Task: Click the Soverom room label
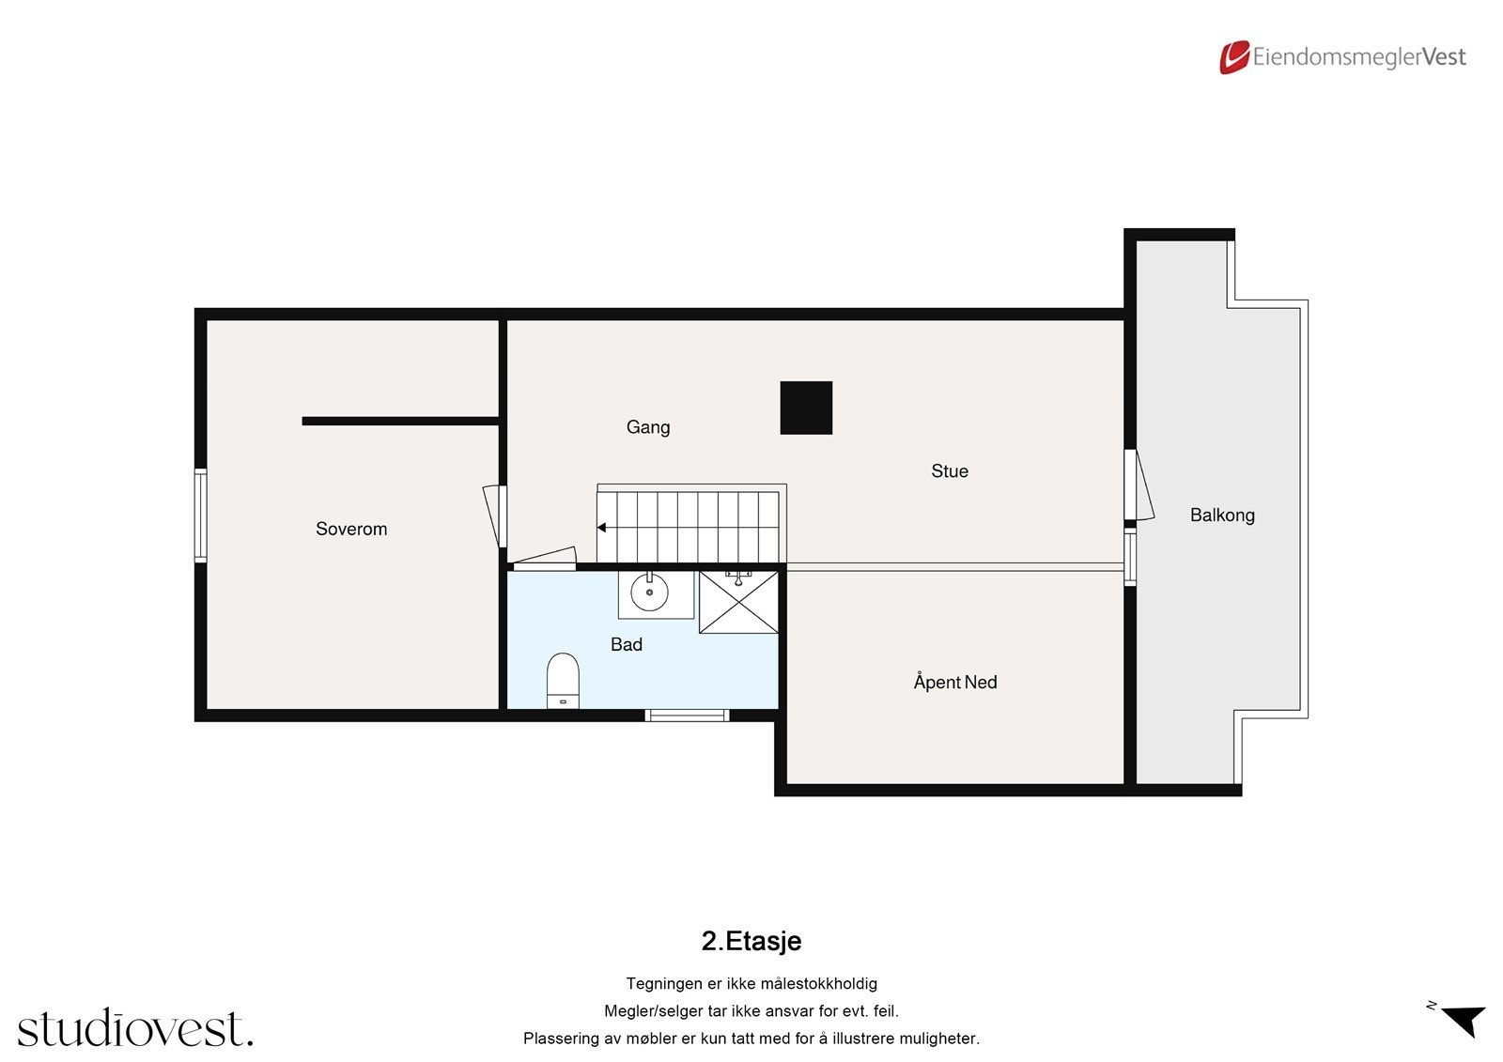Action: click(351, 529)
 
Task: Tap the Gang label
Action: click(648, 427)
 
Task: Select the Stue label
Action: click(949, 471)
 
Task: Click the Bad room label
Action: click(627, 644)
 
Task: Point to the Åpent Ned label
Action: click(954, 683)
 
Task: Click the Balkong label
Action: click(1221, 515)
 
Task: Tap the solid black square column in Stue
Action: click(806, 408)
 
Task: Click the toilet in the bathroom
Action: click(563, 679)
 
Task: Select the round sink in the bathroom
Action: click(649, 593)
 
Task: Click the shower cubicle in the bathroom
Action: click(738, 602)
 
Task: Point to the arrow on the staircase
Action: click(602, 529)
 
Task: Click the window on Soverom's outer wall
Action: click(200, 516)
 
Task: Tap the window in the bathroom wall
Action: click(688, 716)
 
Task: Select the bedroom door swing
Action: click(492, 515)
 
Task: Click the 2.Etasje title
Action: click(751, 941)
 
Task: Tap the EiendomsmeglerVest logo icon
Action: click(1233, 57)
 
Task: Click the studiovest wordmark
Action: click(135, 1028)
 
